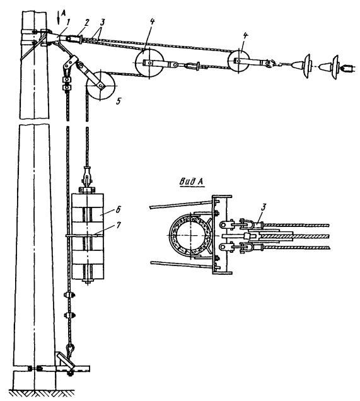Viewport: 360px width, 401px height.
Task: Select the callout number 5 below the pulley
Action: click(x=118, y=102)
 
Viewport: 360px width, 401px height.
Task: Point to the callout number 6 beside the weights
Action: click(x=118, y=209)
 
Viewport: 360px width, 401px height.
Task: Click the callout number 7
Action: click(x=118, y=225)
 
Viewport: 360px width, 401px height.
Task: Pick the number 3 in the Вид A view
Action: click(x=264, y=207)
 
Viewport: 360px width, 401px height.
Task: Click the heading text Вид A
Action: click(x=192, y=182)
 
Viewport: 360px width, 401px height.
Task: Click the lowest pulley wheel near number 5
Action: click(x=101, y=85)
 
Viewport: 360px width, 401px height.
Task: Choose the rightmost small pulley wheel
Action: click(x=238, y=61)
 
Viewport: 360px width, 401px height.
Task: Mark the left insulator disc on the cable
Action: click(x=307, y=66)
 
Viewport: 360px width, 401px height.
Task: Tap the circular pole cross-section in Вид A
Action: click(x=190, y=235)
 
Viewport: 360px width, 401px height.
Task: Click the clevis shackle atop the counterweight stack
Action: click(x=88, y=176)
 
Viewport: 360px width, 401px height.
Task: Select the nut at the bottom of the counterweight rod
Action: click(x=88, y=282)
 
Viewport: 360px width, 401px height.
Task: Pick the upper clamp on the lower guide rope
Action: click(x=69, y=295)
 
